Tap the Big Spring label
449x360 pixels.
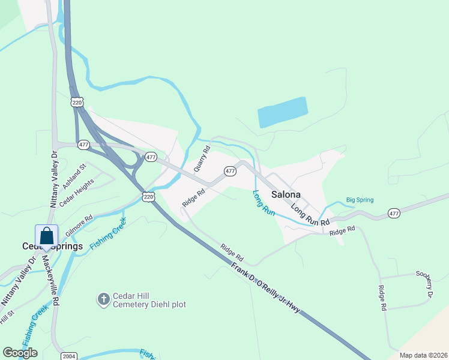(x=360, y=200)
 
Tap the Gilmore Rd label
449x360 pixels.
(x=79, y=226)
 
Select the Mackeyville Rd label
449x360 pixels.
(x=49, y=281)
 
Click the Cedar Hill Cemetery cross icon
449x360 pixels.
(x=103, y=298)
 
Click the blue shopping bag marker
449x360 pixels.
(x=46, y=236)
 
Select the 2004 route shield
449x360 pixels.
(x=68, y=356)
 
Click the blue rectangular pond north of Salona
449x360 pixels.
(x=282, y=112)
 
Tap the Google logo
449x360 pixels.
(x=20, y=353)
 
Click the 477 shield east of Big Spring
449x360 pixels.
(x=394, y=213)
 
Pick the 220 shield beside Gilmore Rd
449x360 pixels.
(x=148, y=196)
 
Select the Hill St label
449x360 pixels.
(x=7, y=316)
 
